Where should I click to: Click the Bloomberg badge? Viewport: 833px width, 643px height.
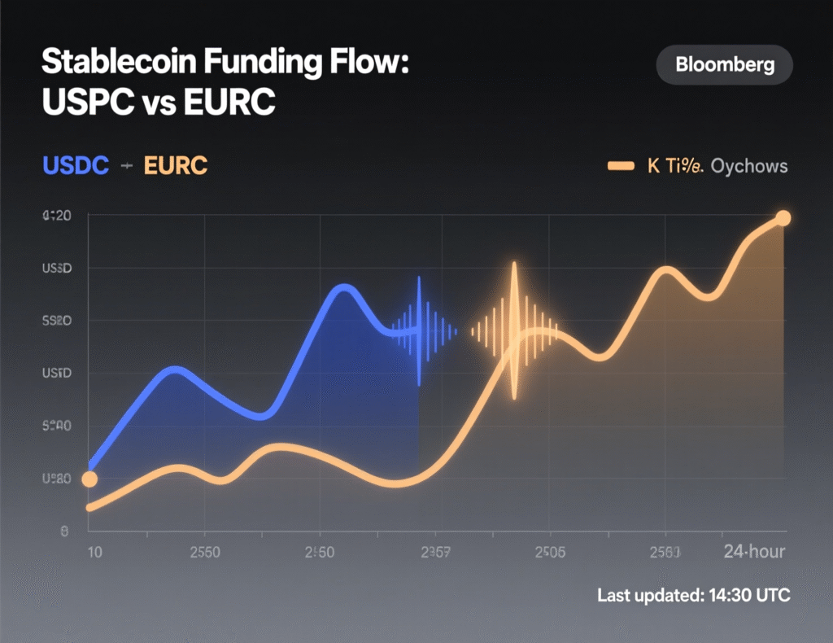point(723,65)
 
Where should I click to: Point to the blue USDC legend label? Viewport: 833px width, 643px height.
point(75,166)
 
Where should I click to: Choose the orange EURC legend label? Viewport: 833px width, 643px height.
point(176,166)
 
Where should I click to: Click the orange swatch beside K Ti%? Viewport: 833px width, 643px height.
point(621,166)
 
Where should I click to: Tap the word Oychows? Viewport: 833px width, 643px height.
point(749,166)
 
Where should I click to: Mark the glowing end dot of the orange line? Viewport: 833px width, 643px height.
point(783,217)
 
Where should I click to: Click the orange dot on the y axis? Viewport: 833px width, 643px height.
point(89,479)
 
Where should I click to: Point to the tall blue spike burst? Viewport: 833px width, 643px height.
point(419,330)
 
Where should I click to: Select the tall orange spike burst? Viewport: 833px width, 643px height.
point(514,330)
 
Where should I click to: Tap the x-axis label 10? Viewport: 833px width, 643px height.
point(94,552)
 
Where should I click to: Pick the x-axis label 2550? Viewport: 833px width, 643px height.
point(204,552)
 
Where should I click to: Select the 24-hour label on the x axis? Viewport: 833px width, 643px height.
point(754,552)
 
